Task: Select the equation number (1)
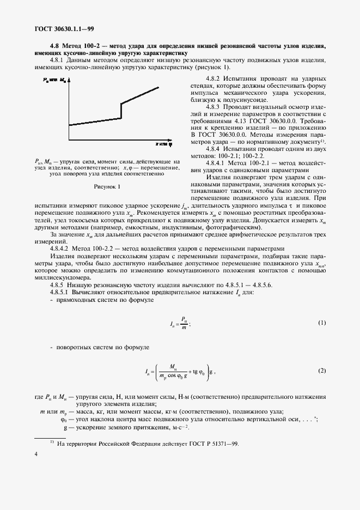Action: [321, 323]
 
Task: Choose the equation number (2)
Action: [321, 371]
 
